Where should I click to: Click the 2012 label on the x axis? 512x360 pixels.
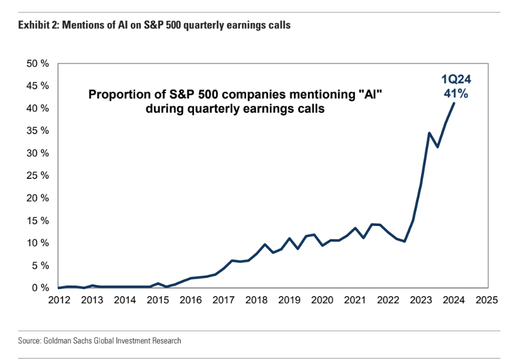click(59, 299)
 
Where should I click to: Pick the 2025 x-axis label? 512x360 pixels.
click(487, 299)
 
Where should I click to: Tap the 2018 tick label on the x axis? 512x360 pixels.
click(257, 299)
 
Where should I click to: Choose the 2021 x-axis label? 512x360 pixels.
click(356, 299)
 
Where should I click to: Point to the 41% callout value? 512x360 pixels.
click(457, 93)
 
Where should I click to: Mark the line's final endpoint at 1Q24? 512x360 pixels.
click(454, 103)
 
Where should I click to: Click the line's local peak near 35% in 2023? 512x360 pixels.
click(429, 133)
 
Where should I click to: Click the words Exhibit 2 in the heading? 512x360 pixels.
click(38, 25)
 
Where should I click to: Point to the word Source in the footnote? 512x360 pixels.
click(29, 341)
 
